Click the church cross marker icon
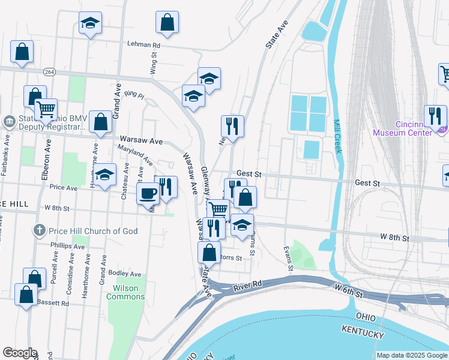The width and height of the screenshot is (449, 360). (39, 230)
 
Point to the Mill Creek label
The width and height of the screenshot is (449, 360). (337, 136)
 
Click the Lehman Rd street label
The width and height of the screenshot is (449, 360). (143, 44)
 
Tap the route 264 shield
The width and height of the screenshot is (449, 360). (49, 71)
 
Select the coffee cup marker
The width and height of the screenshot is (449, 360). (148, 193)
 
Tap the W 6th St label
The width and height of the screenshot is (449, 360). (349, 293)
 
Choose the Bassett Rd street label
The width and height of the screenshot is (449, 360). (53, 304)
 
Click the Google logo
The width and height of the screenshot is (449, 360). (19, 353)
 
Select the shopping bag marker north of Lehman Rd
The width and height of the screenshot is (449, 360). (167, 22)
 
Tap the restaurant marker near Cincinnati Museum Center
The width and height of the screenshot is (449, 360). (435, 115)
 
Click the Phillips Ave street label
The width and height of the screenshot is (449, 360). (68, 246)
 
